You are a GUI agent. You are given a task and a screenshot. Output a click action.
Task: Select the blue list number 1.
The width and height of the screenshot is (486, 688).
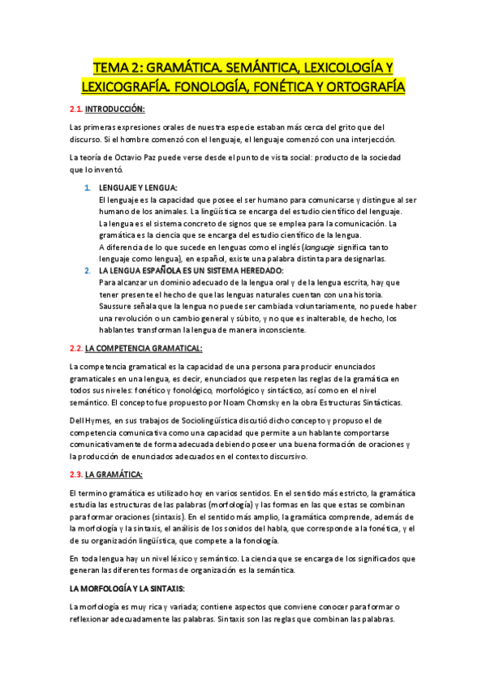[x=88, y=188]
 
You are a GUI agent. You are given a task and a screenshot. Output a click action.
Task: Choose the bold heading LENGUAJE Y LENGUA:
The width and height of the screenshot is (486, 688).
[x=137, y=188]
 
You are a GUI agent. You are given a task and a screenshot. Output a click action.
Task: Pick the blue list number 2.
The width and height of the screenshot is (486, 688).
[x=88, y=270]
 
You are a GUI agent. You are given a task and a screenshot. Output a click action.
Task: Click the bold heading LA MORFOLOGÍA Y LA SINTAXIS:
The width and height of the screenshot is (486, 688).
[x=128, y=587]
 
